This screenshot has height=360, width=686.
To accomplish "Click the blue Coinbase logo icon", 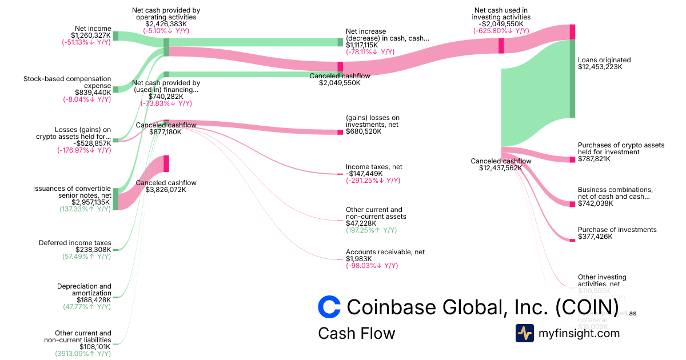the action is [329, 307].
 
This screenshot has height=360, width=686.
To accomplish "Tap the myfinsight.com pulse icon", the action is [525, 333].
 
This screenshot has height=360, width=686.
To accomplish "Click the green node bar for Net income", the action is [115, 35].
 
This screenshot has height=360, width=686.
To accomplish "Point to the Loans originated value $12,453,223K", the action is [600, 67].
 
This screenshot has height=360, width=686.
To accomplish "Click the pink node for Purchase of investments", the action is [572, 240].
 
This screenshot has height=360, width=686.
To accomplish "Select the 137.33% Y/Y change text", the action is [85, 209].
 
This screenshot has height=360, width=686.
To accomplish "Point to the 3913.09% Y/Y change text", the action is [83, 354].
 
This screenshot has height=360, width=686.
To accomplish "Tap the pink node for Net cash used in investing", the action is [501, 46].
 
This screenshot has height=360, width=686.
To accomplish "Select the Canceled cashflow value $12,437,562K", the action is [501, 168].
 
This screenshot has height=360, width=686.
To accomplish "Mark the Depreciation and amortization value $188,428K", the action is [94, 299].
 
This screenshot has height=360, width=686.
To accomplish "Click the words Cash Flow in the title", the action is [356, 333].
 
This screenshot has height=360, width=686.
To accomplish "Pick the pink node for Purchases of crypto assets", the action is [572, 159].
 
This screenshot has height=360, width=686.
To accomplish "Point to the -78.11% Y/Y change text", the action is [370, 51].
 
